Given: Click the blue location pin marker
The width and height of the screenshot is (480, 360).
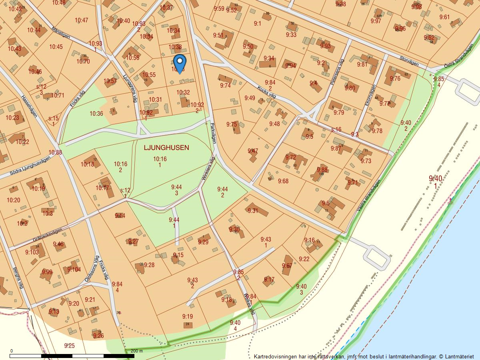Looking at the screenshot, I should (180, 63).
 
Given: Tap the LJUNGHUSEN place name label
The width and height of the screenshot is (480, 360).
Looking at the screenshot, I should (166, 148).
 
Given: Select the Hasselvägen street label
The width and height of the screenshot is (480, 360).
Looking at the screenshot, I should (29, 106).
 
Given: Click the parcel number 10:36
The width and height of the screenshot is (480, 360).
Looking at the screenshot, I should (96, 114).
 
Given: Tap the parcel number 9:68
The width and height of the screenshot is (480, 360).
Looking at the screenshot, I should (283, 181).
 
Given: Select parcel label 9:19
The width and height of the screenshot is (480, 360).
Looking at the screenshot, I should (187, 316).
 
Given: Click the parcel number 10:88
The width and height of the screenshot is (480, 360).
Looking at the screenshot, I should (55, 152).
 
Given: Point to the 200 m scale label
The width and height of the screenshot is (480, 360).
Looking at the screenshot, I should (136, 351).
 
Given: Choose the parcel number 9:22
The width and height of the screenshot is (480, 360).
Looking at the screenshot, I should (304, 259).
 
